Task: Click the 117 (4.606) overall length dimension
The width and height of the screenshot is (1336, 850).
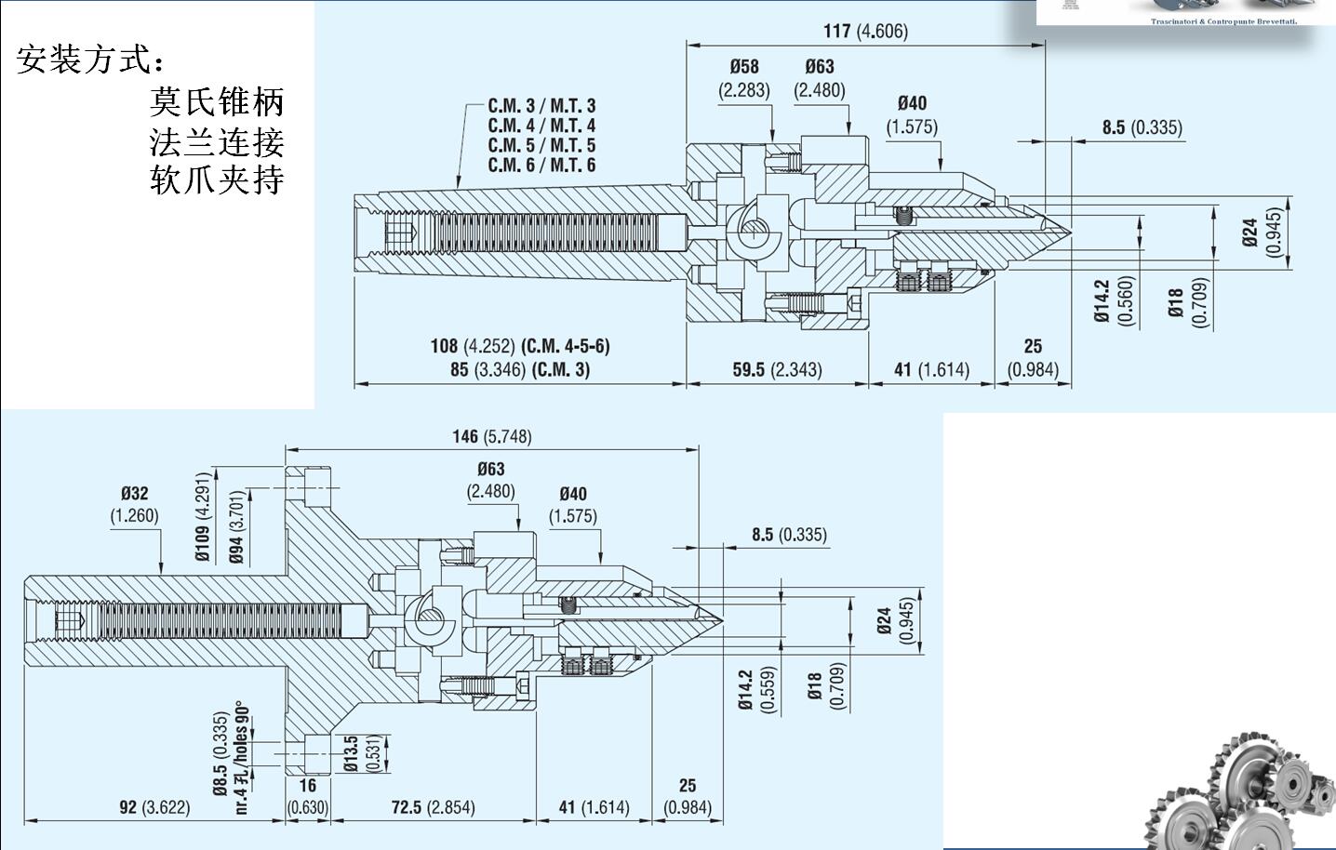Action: pos(864,31)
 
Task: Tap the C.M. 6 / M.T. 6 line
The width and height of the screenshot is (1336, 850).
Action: pos(541,166)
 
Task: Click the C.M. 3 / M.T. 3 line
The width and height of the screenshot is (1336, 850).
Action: pos(541,106)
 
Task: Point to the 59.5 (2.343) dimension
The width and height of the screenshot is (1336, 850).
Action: pos(777,370)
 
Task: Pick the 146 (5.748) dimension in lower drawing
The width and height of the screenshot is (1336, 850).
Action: pos(491,436)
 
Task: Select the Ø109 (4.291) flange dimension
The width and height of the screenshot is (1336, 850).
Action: pos(204,517)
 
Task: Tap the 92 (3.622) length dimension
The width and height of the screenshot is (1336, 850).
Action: pos(154,807)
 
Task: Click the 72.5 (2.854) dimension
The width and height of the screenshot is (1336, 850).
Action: pos(433,807)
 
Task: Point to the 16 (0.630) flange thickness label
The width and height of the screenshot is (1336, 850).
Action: pos(307,796)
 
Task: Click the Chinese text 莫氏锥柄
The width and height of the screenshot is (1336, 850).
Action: pos(217,100)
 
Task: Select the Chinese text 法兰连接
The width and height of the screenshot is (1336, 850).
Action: pos(217,141)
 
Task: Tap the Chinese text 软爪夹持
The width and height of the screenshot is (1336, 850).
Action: pos(217,179)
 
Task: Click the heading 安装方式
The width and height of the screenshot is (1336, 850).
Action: pos(91,60)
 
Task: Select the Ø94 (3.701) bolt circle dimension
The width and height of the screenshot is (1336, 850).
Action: pos(237,527)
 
